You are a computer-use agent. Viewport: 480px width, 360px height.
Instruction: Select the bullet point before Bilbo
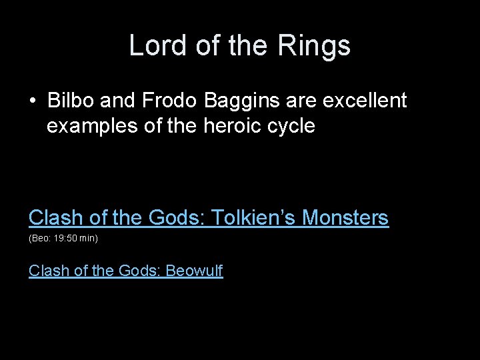click(33, 101)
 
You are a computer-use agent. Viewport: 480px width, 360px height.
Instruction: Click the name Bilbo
click(71, 101)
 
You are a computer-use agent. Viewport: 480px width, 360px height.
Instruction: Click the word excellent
click(364, 101)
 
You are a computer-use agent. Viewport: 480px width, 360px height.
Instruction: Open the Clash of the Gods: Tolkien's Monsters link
click(208, 217)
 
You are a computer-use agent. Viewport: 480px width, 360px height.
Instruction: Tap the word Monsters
click(345, 217)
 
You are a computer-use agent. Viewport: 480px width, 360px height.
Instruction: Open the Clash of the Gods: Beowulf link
click(125, 271)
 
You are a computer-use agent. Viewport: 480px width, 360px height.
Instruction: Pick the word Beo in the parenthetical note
click(39, 238)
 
